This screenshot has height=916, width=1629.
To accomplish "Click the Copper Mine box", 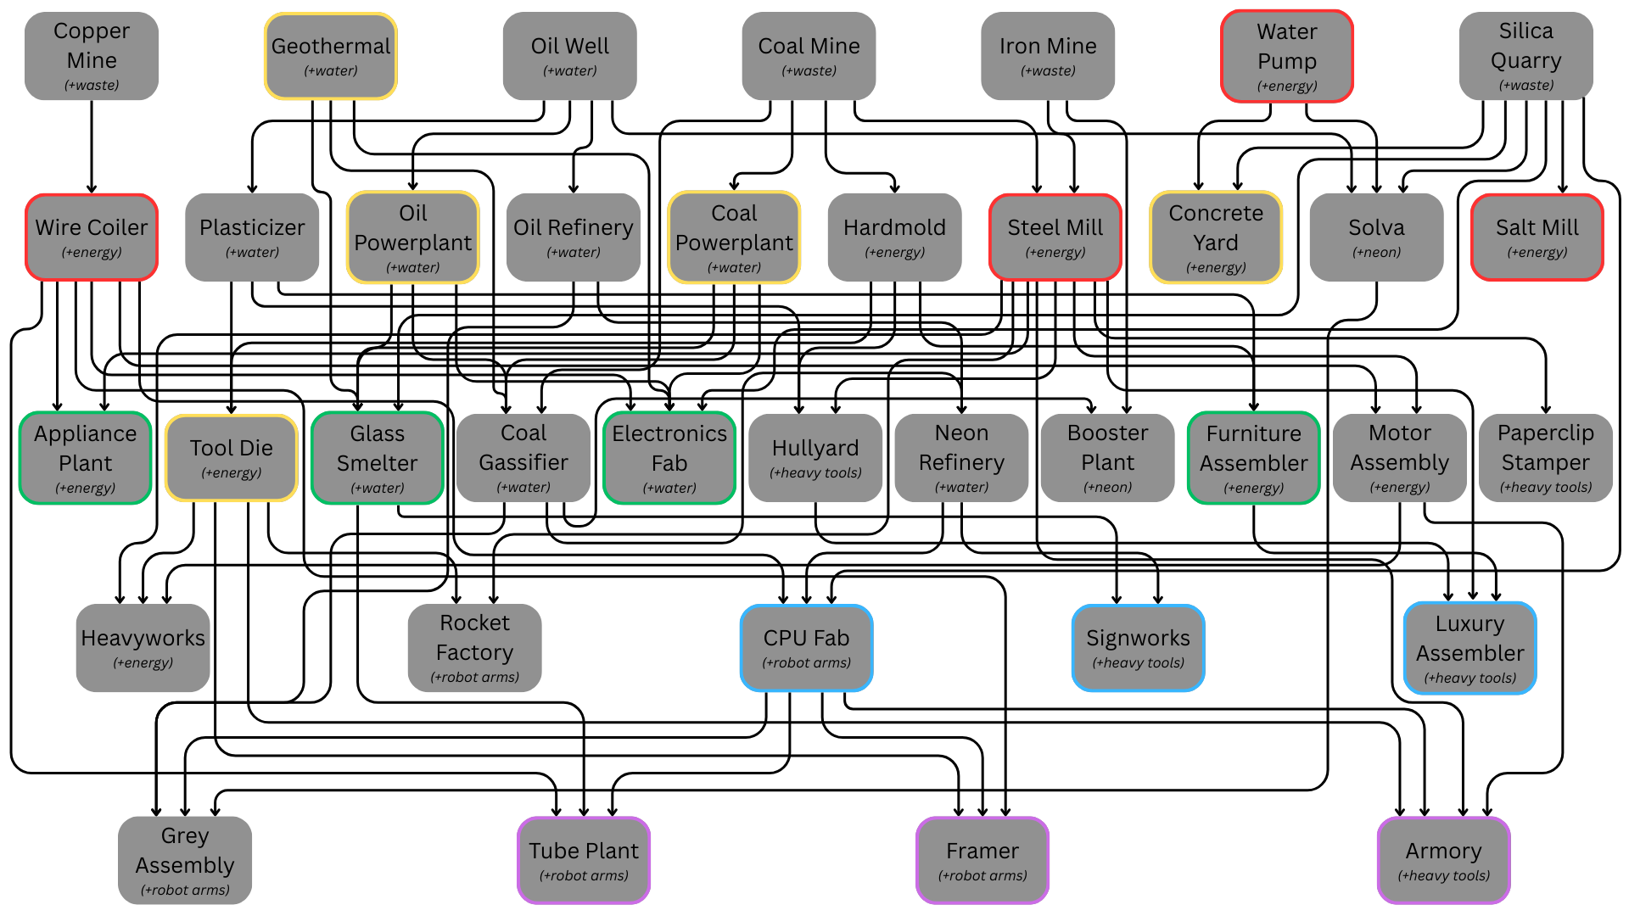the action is coord(92,56).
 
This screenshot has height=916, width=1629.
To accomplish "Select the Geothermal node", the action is coord(331,56).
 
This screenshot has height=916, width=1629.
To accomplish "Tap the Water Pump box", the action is coord(1287,56).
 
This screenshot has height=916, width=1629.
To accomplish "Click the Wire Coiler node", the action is coord(92,237).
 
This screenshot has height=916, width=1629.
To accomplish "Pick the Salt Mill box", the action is coord(1537,237).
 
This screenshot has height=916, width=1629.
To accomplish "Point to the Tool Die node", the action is coord(232,458).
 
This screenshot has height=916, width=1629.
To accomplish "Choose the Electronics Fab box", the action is coord(669,458).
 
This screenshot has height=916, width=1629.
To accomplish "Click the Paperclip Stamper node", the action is coord(1546,458).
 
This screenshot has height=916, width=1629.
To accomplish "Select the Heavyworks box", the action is coord(143,648).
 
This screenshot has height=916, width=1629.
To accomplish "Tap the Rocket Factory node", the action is coord(475,648).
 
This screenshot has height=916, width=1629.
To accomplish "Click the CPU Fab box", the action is coord(807,648).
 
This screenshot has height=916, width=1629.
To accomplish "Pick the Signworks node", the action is coord(1139,648).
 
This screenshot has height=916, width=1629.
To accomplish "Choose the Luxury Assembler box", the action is coord(1470,648).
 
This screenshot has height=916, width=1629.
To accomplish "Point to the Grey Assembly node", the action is coord(185,860).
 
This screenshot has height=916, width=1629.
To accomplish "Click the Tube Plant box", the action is coord(584,860).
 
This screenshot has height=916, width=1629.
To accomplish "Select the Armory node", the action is coord(1444,860).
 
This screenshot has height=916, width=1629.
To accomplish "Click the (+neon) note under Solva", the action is coord(1376,252).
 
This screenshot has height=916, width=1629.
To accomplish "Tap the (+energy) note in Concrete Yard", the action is coord(1216,267).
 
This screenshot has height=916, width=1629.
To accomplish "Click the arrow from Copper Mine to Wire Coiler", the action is coord(92,147).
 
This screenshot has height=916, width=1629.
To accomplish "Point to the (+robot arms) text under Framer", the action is coord(982,875).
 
